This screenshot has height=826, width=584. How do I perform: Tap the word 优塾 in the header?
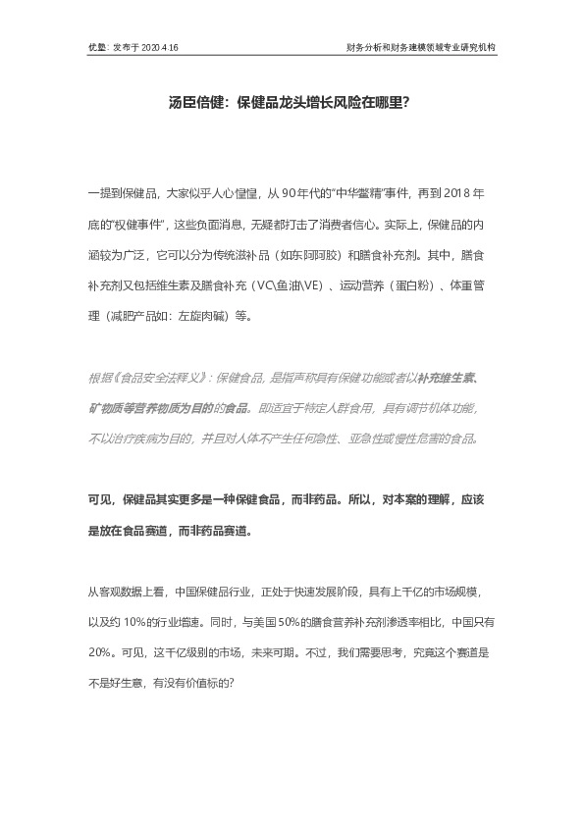pos(96,46)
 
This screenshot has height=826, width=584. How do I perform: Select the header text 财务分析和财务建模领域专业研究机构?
pos(421,46)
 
